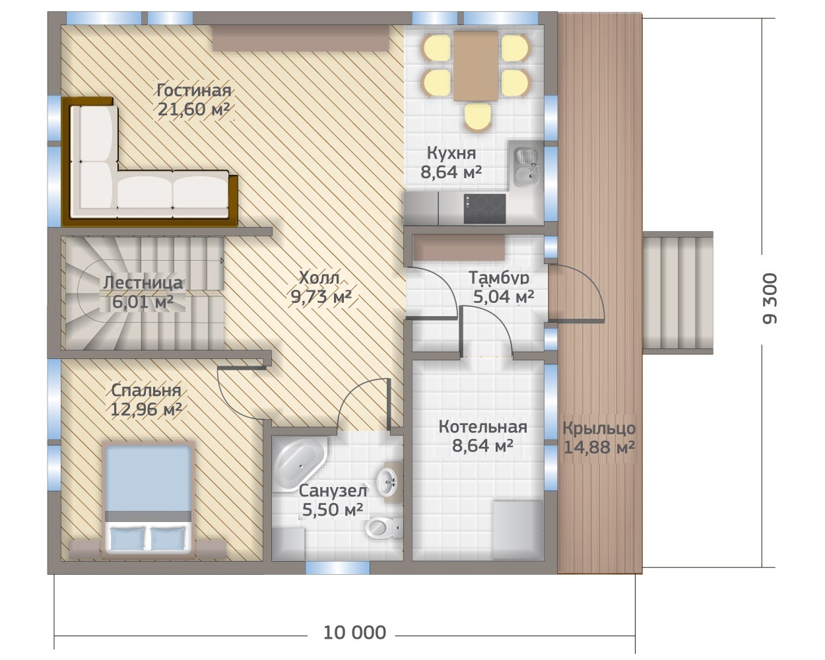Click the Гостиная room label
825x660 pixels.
[x=194, y=90]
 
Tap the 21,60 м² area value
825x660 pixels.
[x=193, y=110]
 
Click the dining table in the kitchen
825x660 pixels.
[x=475, y=66]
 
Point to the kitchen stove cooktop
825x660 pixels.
[x=484, y=209]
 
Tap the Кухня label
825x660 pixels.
[x=451, y=153]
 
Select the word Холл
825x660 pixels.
[x=319, y=278]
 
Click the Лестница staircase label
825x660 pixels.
[x=143, y=283]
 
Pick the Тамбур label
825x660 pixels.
[x=499, y=278]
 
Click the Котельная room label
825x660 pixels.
[x=482, y=427]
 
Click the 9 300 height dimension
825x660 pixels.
[x=769, y=299]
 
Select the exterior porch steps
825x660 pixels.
[x=678, y=292]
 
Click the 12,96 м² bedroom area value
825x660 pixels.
[x=146, y=410]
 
